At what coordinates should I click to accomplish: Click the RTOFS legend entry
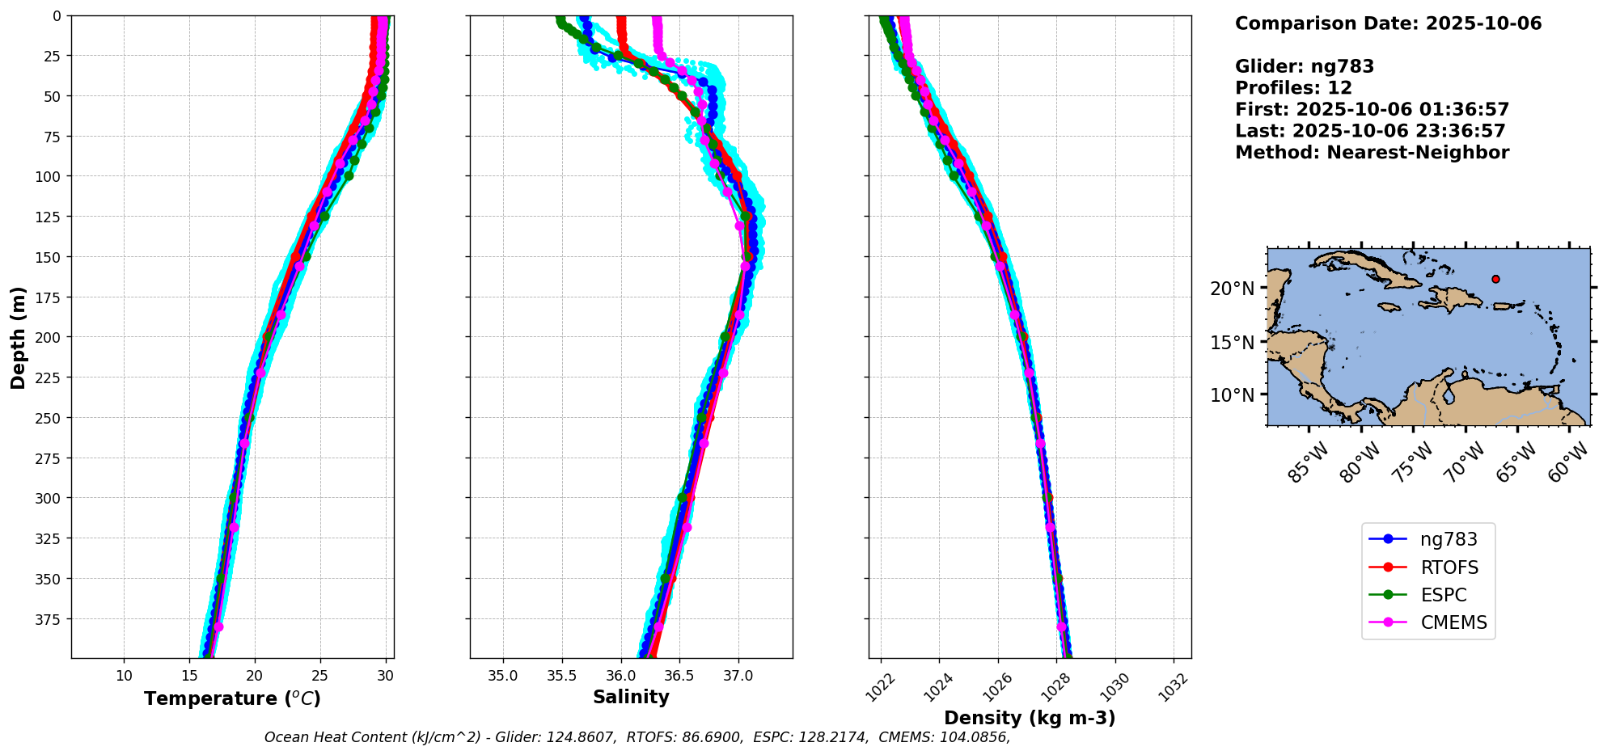1449,567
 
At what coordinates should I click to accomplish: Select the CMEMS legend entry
1453,622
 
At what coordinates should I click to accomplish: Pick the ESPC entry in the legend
1443,595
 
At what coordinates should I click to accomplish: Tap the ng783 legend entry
1448,539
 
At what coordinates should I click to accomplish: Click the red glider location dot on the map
1495,279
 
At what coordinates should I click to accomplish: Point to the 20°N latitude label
1232,289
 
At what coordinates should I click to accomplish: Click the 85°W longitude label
1308,463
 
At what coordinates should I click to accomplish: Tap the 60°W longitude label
1568,463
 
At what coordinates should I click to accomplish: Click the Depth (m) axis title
18,337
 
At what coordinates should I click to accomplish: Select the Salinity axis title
631,697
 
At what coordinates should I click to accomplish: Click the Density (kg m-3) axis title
1030,718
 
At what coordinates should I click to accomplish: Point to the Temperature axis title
232,698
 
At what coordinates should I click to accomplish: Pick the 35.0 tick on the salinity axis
503,676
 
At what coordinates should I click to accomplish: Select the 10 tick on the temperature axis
124,676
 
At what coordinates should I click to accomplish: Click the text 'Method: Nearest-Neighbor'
1372,153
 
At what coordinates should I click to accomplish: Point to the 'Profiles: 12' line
1293,88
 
